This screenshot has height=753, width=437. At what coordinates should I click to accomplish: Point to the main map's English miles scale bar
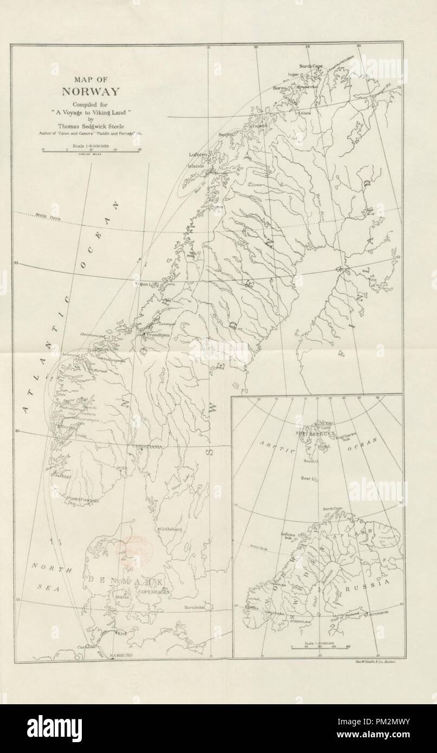pos(91,151)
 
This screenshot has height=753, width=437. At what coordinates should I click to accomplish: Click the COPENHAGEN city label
pos(153,593)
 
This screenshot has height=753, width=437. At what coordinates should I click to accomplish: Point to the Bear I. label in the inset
pos(307,478)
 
